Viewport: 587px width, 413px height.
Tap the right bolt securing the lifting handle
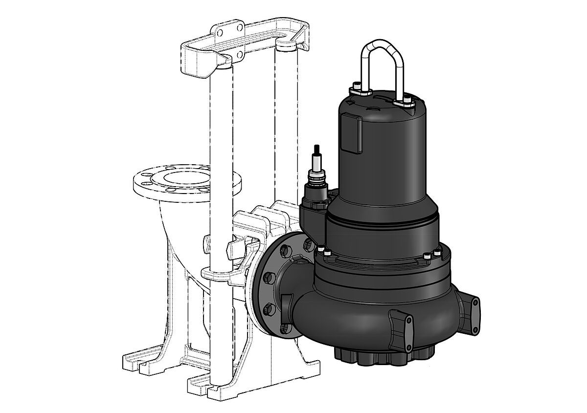click(406, 102)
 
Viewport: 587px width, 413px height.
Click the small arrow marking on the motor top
click(348, 103)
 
